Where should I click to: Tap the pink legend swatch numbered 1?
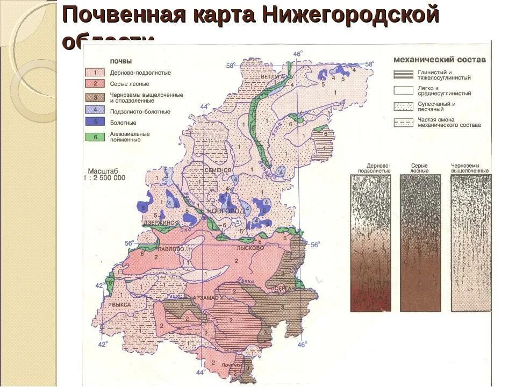95,72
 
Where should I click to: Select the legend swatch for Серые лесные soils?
95,83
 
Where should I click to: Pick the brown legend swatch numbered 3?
95,97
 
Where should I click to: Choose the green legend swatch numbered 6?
95,137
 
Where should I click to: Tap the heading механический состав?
439,60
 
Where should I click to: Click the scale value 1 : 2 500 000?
104,177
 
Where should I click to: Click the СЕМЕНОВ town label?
218,170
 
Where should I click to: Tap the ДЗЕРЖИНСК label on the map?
160,222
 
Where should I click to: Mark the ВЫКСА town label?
121,304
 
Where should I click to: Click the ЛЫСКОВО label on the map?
250,248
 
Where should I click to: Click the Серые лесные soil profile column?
420,242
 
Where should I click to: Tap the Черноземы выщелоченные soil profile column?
470,242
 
